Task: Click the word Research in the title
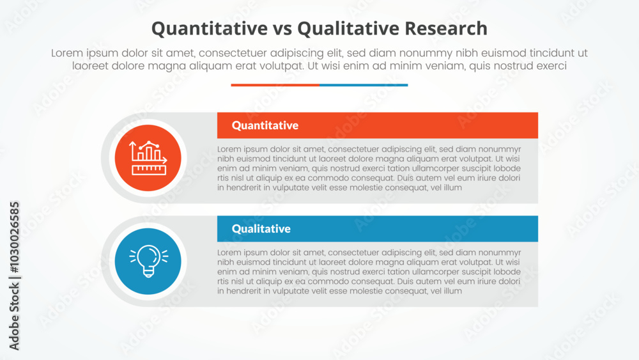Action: (446, 29)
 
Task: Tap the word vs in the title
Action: (282, 29)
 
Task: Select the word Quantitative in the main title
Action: (210, 29)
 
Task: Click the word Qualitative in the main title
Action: (348, 29)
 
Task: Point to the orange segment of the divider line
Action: (275, 85)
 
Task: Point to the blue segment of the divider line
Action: (364, 85)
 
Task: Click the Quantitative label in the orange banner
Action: (265, 125)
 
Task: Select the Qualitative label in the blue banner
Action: (261, 229)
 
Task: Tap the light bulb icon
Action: (148, 262)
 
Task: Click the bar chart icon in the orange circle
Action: (148, 158)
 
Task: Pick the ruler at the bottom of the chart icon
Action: (149, 170)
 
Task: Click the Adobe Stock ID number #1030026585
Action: (14, 237)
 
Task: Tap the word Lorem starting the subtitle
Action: (67, 53)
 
